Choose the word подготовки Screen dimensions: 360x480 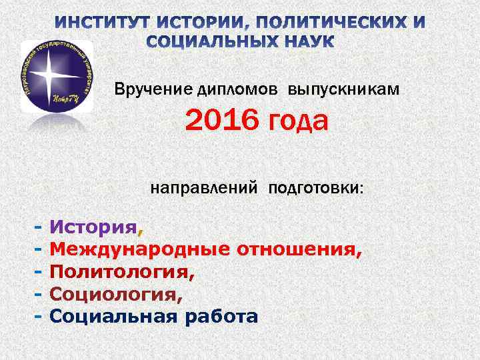point(316,189)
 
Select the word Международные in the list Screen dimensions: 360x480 point(139,251)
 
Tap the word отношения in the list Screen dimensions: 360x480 point(301,251)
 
